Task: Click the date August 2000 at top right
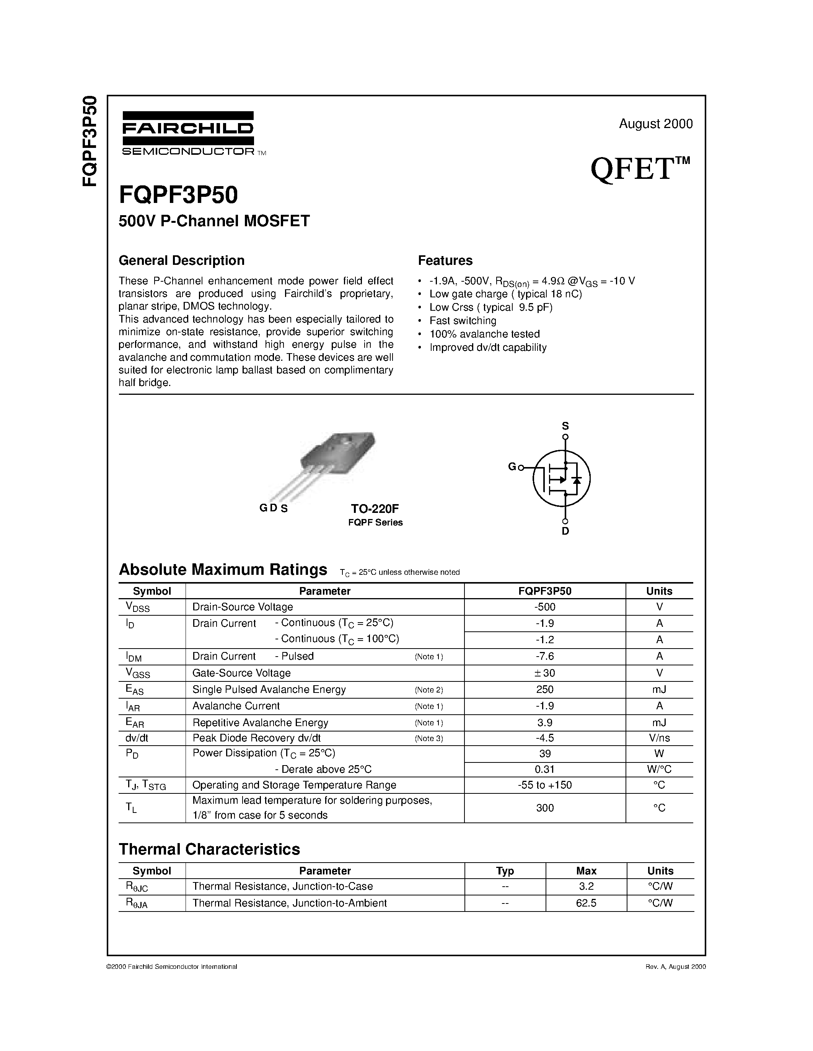655,124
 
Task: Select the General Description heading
182,260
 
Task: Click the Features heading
445,260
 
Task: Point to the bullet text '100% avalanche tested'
484,334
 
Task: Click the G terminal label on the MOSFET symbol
512,466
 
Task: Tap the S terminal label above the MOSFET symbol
565,426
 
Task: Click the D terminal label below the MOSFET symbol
565,531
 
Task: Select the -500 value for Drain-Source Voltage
545,607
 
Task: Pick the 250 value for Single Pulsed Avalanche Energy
545,689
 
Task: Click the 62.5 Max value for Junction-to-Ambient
586,903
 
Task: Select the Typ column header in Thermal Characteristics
505,871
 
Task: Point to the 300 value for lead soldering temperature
545,808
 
